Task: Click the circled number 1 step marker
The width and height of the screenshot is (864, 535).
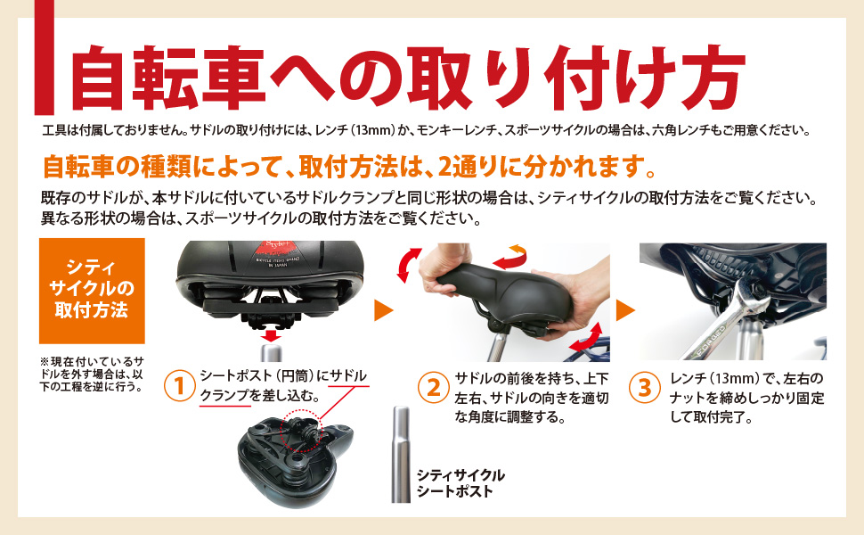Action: click(180, 387)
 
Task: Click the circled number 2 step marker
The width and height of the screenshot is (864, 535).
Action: click(433, 387)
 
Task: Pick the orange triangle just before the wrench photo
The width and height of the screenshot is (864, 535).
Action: click(625, 310)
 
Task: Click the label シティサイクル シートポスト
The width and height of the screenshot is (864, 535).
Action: click(461, 483)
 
